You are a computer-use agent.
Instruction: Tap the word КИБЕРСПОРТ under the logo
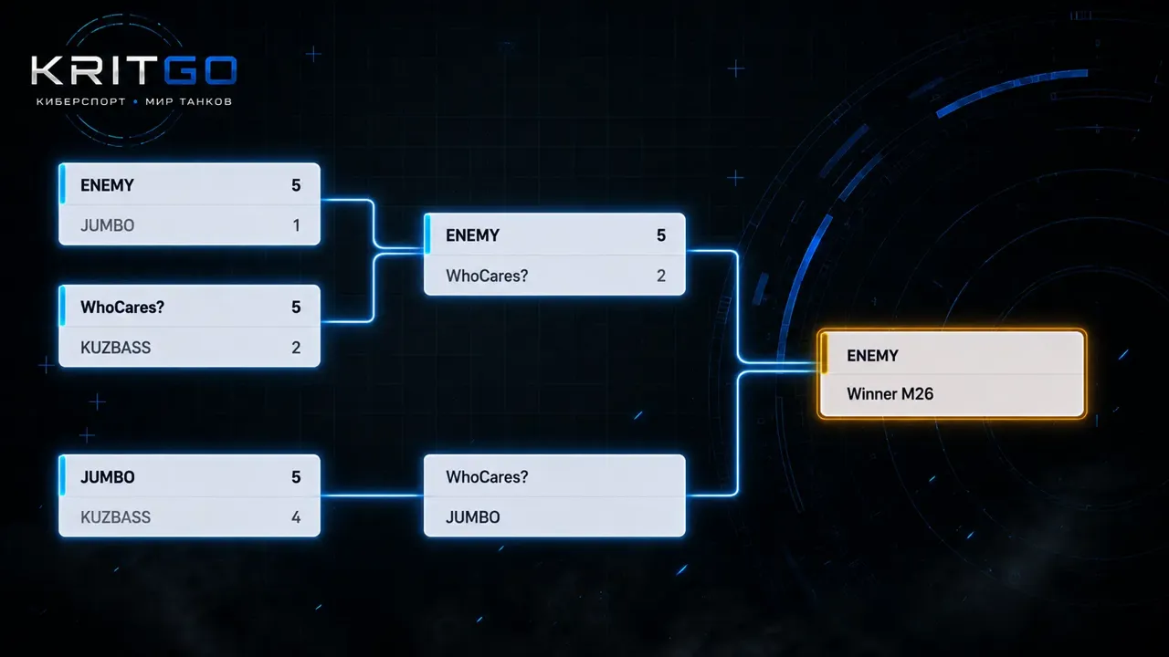pyautogui.click(x=81, y=101)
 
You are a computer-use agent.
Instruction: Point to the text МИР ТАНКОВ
pyautogui.click(x=188, y=101)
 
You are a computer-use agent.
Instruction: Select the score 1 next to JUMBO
pyautogui.click(x=297, y=225)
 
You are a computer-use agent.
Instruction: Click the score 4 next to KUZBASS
pyautogui.click(x=296, y=517)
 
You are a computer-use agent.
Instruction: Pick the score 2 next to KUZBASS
pyautogui.click(x=296, y=348)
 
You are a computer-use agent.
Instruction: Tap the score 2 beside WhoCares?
pyautogui.click(x=661, y=276)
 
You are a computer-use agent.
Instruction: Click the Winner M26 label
pyautogui.click(x=890, y=393)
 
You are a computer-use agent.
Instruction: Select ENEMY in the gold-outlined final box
pyautogui.click(x=872, y=356)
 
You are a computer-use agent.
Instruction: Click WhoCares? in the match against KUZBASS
pyautogui.click(x=122, y=308)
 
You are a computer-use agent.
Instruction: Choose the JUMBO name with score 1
pyautogui.click(x=108, y=225)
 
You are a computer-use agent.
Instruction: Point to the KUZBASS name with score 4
pyautogui.click(x=115, y=517)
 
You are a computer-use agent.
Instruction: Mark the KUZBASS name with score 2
pyautogui.click(x=115, y=348)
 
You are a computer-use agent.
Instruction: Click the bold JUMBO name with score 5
pyautogui.click(x=108, y=477)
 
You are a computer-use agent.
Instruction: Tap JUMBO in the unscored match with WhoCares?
pyautogui.click(x=473, y=517)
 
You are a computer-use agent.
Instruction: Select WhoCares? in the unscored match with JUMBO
pyautogui.click(x=487, y=477)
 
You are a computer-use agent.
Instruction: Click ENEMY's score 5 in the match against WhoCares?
pyautogui.click(x=661, y=235)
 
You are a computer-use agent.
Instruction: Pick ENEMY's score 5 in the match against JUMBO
pyautogui.click(x=296, y=185)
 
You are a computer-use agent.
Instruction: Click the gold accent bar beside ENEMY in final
pyautogui.click(x=825, y=354)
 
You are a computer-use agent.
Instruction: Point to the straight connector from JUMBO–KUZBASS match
pyautogui.click(x=372, y=495)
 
